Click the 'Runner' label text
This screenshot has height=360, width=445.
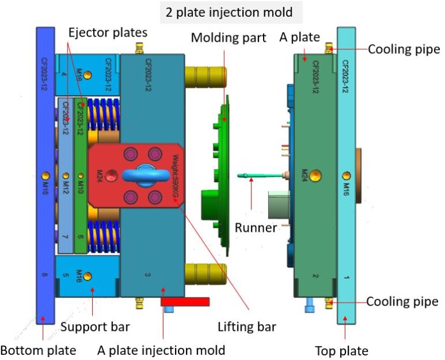(256, 227)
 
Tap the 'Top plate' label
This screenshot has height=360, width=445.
(341, 351)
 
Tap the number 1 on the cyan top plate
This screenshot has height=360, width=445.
(346, 277)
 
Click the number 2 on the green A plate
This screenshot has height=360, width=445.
(316, 277)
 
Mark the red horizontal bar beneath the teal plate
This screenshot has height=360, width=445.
(185, 301)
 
